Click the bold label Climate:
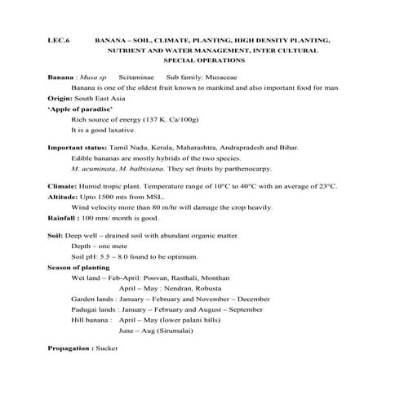click(64, 187)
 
